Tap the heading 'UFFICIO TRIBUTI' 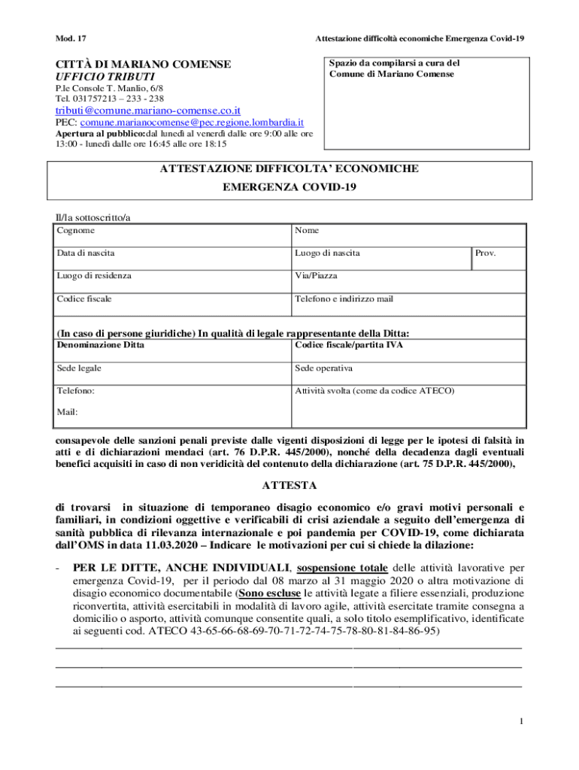tap(105, 77)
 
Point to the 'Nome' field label tap(307, 230)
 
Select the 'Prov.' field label tap(487, 253)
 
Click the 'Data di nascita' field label tap(86, 253)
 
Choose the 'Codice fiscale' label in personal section tap(84, 299)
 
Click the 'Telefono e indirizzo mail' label tap(344, 299)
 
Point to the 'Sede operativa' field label tap(323, 368)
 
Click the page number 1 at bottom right tap(520, 723)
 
